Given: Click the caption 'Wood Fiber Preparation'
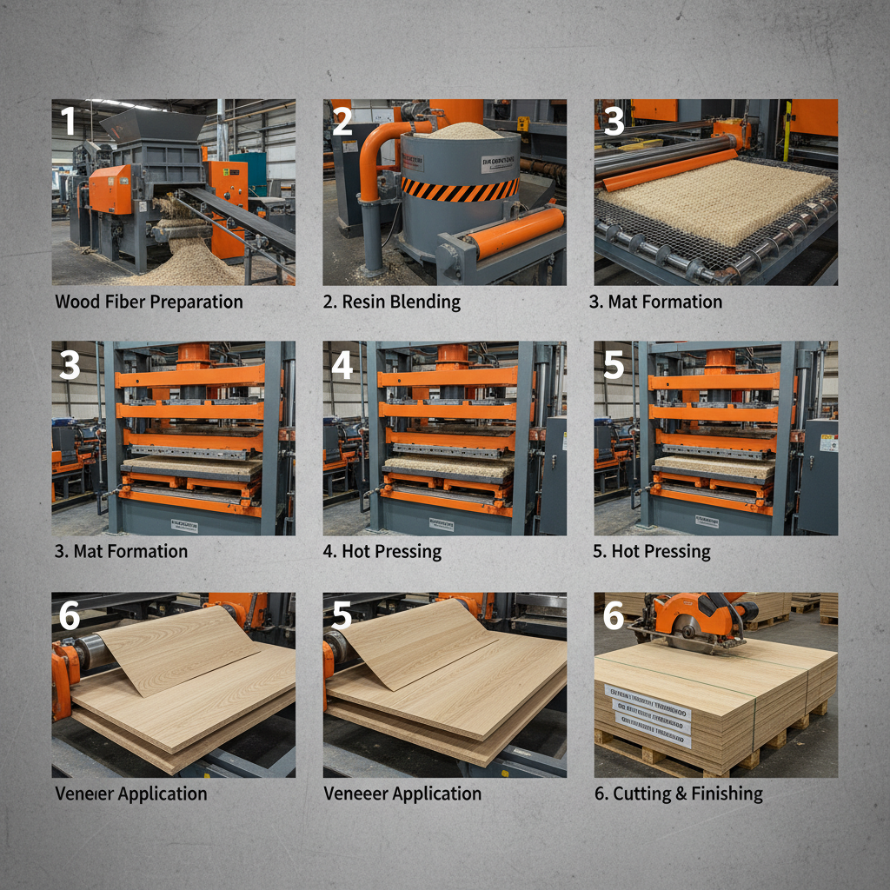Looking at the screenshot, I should (149, 302).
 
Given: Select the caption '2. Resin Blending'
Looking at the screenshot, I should (391, 302).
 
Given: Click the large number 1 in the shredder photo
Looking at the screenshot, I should (69, 120).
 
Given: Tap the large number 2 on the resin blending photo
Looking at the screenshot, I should (342, 120).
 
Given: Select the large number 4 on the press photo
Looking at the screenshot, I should (342, 366).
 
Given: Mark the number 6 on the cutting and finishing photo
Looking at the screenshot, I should (614, 615).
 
